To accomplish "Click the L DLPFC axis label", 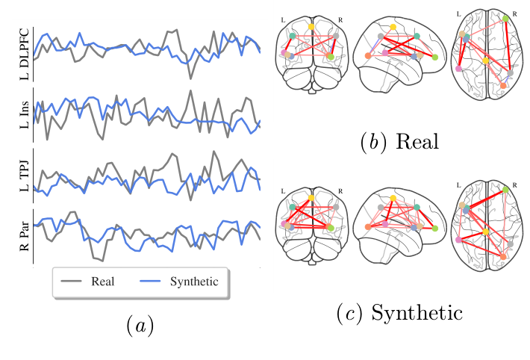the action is (x=25, y=54).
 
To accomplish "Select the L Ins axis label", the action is (x=25, y=115).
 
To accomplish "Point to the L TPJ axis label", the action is (x=25, y=176).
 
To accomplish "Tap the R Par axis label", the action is (x=25, y=236).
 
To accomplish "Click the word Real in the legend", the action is (x=103, y=281).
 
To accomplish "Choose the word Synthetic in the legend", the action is (x=194, y=282).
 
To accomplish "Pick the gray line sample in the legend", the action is (x=71, y=281).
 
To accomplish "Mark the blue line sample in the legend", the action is (x=150, y=281).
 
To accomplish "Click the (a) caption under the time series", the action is (x=140, y=326).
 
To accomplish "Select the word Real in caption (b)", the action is (x=417, y=141).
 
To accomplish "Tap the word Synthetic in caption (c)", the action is (x=417, y=313).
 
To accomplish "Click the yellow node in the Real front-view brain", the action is (x=311, y=26).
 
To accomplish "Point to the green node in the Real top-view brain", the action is (x=505, y=19).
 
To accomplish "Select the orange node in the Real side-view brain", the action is (x=368, y=55).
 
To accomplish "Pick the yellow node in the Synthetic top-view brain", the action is (x=486, y=232).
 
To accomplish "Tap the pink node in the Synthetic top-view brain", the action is (x=458, y=240).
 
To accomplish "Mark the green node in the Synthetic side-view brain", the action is (x=435, y=229).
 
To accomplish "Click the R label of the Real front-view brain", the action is (x=340, y=20).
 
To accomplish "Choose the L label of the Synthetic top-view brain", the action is (x=458, y=185).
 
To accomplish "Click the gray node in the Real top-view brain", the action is (x=511, y=72).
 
